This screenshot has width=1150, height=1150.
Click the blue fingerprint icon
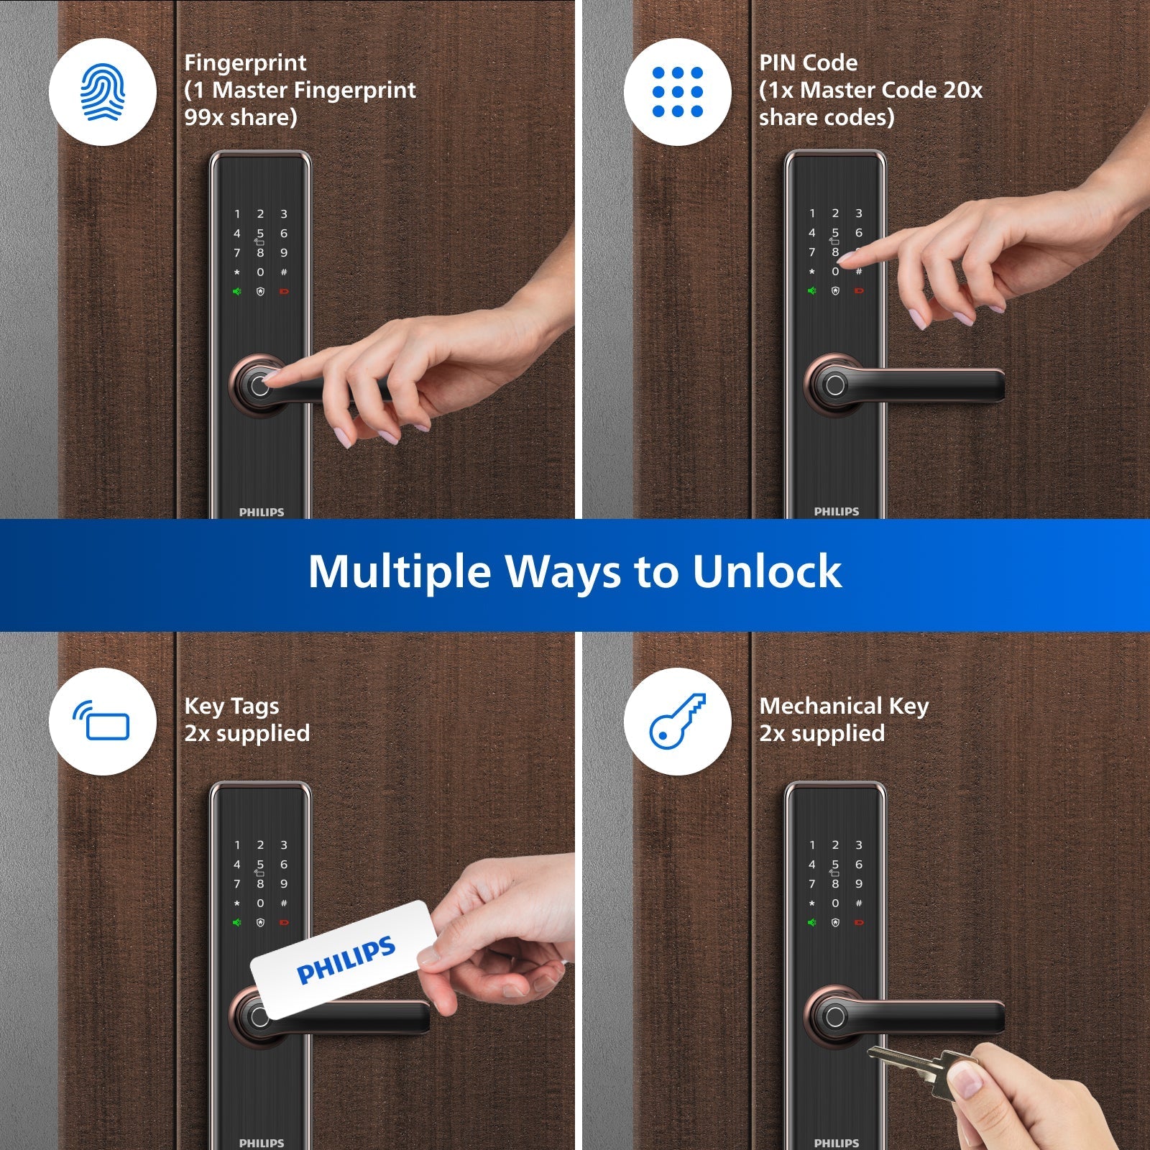[x=103, y=92]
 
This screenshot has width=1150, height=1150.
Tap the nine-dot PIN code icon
[x=677, y=92]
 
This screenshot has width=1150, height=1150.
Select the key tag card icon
[x=103, y=721]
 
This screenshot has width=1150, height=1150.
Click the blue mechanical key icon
[x=677, y=721]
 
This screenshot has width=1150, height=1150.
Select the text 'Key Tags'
[x=231, y=707]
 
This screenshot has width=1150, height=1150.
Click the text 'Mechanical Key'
[x=844, y=707]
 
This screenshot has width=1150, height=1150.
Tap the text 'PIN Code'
[x=808, y=63]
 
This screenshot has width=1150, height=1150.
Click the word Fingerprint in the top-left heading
[x=245, y=63]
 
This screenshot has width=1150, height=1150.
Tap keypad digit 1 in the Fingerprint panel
[x=237, y=214]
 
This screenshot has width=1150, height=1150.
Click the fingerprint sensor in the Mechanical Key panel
[x=834, y=1016]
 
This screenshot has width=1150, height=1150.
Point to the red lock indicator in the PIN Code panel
[x=858, y=291]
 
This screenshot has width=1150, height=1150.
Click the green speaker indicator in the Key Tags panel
[x=236, y=922]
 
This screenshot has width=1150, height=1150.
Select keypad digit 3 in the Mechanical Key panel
[x=858, y=845]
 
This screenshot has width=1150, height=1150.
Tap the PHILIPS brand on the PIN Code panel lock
[x=836, y=512]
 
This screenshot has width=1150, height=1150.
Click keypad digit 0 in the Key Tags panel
[x=260, y=903]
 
